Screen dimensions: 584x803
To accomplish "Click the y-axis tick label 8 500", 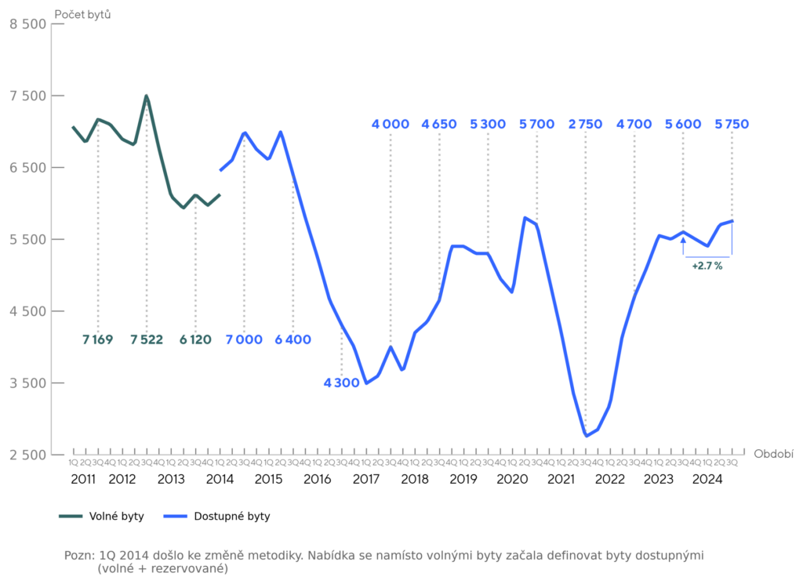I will pos(27,24).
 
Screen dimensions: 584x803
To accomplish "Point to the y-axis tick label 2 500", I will pos(27,455).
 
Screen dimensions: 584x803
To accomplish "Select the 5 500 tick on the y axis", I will pos(27,239).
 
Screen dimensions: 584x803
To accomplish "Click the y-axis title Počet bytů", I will pos(82,13).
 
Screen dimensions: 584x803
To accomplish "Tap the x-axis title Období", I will pos(773,454).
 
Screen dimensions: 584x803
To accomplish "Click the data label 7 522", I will pos(147,339).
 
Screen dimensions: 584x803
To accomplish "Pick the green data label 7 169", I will pos(98,339).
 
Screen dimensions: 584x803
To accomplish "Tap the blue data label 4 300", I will pos(341,383).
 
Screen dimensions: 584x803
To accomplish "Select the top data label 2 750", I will pos(586,124).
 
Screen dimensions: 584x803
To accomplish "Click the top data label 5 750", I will pos(732,124).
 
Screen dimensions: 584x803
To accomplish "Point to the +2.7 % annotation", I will pos(707,267).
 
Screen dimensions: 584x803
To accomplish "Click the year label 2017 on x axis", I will pos(366,478).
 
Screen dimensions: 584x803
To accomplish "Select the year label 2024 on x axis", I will pos(708,478).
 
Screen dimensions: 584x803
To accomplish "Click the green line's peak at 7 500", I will pos(147,96).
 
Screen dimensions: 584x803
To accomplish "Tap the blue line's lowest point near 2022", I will pos(586,436).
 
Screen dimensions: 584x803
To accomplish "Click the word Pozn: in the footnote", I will pos(78,555).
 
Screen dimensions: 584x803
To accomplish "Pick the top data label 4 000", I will pos(391,124).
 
